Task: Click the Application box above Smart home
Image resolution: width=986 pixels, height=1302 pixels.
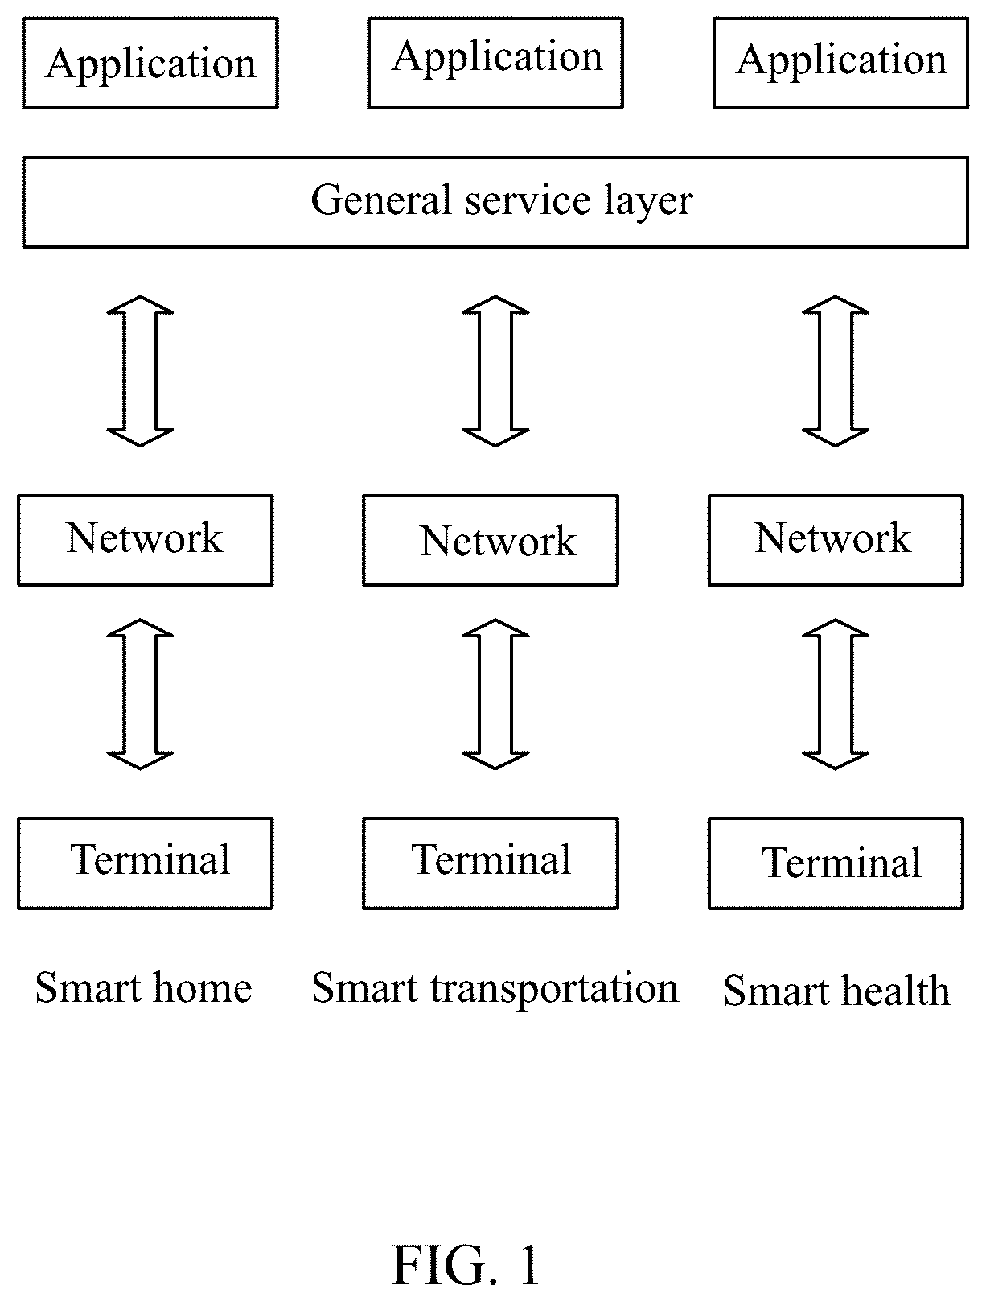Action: [150, 63]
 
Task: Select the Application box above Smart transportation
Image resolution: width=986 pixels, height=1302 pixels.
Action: [495, 63]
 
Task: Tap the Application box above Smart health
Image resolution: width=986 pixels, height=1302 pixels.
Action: [840, 63]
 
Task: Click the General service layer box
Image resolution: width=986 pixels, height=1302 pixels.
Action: [495, 202]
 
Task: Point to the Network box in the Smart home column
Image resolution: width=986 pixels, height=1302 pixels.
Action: [146, 540]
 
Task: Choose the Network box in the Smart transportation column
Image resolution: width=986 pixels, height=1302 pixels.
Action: [491, 540]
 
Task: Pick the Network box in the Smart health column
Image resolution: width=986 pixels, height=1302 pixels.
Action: [836, 540]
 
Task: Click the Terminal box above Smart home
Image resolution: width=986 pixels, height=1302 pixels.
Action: [146, 863]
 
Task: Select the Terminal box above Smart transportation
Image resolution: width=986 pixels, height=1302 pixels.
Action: [491, 863]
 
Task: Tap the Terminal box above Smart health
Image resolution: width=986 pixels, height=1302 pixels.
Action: [836, 863]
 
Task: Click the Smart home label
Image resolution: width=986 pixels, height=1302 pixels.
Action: [144, 987]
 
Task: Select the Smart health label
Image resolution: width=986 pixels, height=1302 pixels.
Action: [836, 991]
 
